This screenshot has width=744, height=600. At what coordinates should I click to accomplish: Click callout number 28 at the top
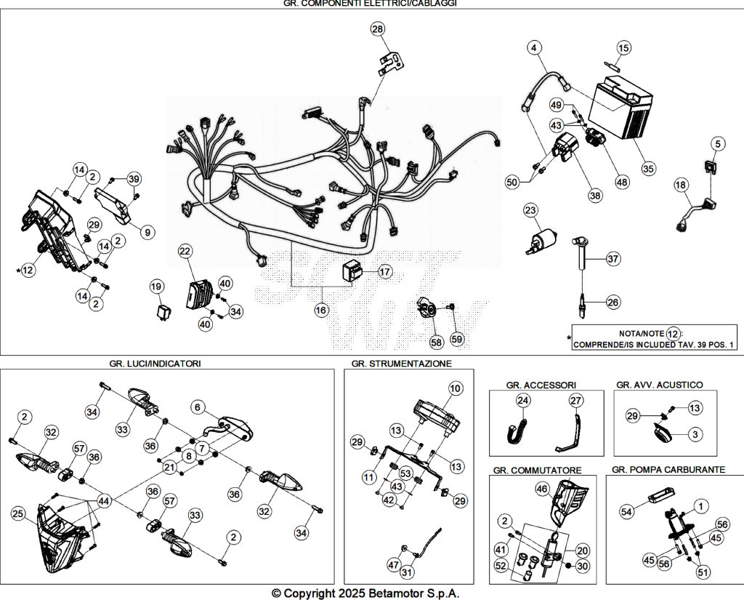[378, 29]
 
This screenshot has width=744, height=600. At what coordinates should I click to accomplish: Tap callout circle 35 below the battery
[648, 168]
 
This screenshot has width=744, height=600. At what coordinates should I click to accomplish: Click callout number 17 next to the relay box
[385, 272]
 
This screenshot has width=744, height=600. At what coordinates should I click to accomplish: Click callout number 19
[157, 287]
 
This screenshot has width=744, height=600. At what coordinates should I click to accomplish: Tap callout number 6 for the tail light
[198, 407]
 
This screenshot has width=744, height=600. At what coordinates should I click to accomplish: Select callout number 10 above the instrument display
[456, 388]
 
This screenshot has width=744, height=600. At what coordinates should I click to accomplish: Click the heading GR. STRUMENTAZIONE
[402, 364]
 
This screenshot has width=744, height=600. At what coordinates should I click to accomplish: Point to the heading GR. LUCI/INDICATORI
[155, 364]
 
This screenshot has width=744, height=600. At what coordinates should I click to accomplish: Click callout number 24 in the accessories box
[523, 401]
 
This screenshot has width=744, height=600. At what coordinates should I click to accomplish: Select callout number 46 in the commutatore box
[542, 488]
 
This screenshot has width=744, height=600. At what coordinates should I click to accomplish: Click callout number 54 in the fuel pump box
[627, 511]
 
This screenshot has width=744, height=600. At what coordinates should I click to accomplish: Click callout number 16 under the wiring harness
[321, 311]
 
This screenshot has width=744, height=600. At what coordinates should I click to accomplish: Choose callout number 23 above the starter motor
[530, 210]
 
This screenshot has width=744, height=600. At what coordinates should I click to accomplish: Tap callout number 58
[437, 342]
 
